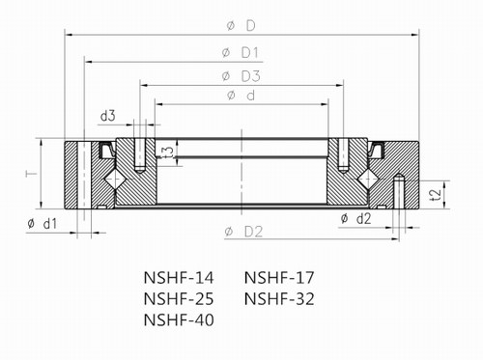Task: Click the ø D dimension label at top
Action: coord(241,26)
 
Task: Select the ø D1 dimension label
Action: coord(240,53)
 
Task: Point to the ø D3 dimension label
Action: coord(241,76)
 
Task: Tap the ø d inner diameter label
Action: coord(241,96)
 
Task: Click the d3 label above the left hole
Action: coord(108,116)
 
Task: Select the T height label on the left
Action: coord(31,174)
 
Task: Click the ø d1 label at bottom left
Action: coord(43,223)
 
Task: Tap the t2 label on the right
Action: coord(435,194)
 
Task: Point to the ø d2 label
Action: coord(355,219)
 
